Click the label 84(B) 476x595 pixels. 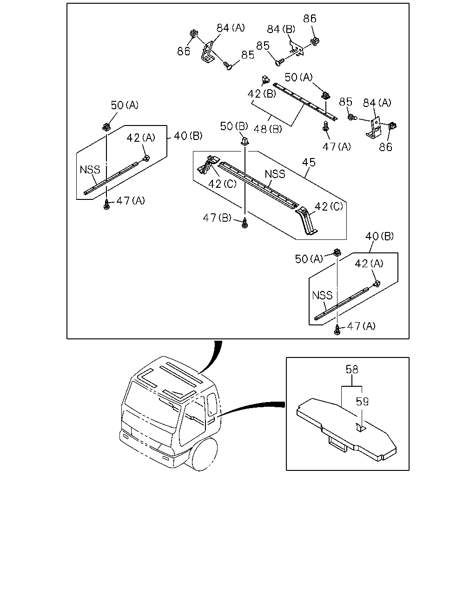tap(281, 29)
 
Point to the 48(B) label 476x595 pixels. tap(267, 129)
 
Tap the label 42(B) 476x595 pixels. tap(262, 94)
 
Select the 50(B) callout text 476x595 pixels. tap(234, 126)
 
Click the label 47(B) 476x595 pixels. tap(217, 218)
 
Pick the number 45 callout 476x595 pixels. tap(309, 162)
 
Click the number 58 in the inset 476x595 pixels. tap(352, 370)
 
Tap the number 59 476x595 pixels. tap(362, 402)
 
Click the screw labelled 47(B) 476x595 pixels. tap(245, 223)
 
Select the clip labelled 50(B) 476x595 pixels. tap(245, 142)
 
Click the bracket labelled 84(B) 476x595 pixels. tap(296, 48)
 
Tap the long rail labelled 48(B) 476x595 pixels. tap(305, 101)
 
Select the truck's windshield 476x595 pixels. tap(151, 404)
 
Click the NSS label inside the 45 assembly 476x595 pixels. tap(275, 174)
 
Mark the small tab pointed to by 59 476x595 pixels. tap(360, 427)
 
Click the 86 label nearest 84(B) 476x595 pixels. tap(310, 19)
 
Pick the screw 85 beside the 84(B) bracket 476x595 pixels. tap(280, 61)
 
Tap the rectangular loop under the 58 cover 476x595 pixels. tap(337, 444)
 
